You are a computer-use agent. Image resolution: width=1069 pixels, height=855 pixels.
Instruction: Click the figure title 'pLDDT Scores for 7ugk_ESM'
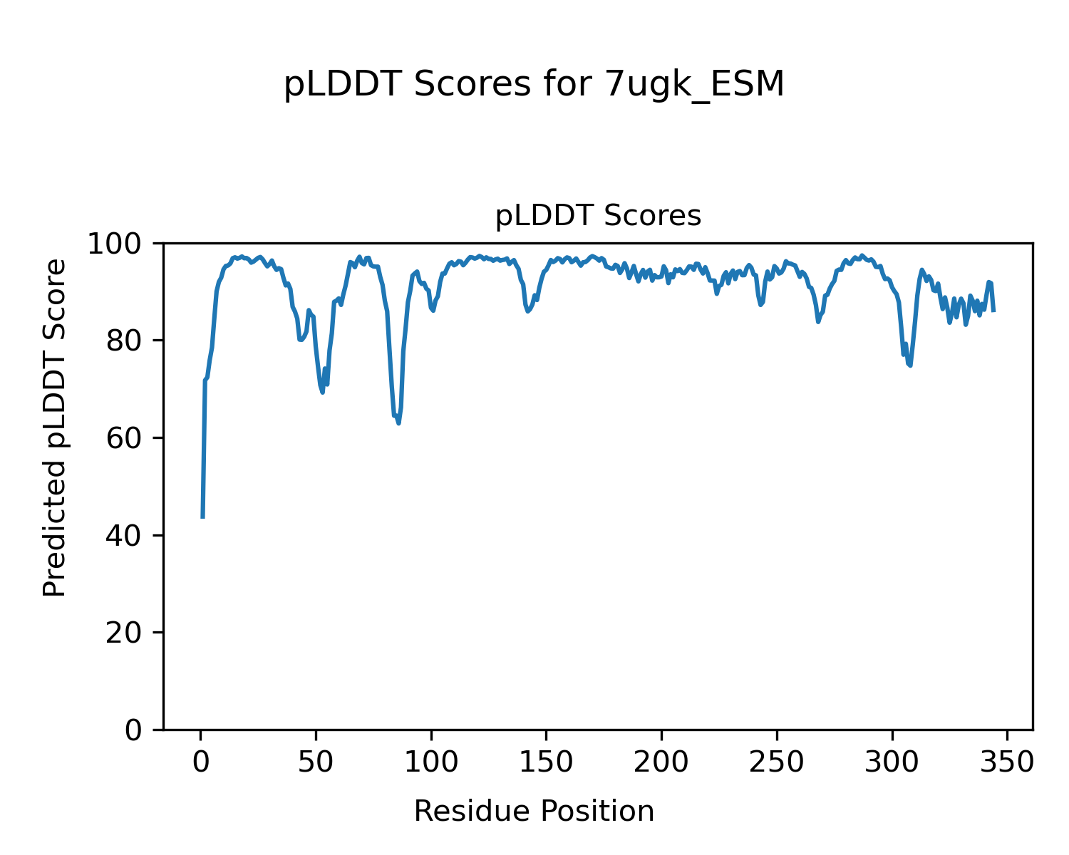tap(534, 85)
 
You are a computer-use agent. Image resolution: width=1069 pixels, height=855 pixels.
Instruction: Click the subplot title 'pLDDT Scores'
tap(598, 216)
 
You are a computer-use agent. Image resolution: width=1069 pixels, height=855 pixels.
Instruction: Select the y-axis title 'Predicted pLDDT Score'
tap(55, 427)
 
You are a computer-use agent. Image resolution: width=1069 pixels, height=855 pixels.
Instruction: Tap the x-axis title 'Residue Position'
tap(534, 812)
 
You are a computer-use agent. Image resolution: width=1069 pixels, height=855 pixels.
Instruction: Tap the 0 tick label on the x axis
tap(201, 763)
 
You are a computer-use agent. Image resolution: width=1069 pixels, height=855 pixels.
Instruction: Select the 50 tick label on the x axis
tap(316, 763)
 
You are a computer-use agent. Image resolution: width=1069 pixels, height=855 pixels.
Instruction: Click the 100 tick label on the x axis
tap(431, 763)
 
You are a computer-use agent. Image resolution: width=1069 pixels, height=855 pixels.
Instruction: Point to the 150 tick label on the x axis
tap(546, 763)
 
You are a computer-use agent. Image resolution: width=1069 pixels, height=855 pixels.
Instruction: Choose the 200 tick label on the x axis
tap(661, 763)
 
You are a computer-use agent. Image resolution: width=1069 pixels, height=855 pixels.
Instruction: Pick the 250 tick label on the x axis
tap(776, 763)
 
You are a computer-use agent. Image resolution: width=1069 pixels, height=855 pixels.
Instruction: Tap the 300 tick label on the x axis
tap(892, 763)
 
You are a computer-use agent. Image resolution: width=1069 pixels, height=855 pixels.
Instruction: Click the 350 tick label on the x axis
tap(1006, 763)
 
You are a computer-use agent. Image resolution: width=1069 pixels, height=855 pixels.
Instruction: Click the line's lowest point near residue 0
tap(203, 517)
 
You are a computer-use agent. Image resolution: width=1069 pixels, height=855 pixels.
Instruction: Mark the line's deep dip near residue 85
tap(398, 423)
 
